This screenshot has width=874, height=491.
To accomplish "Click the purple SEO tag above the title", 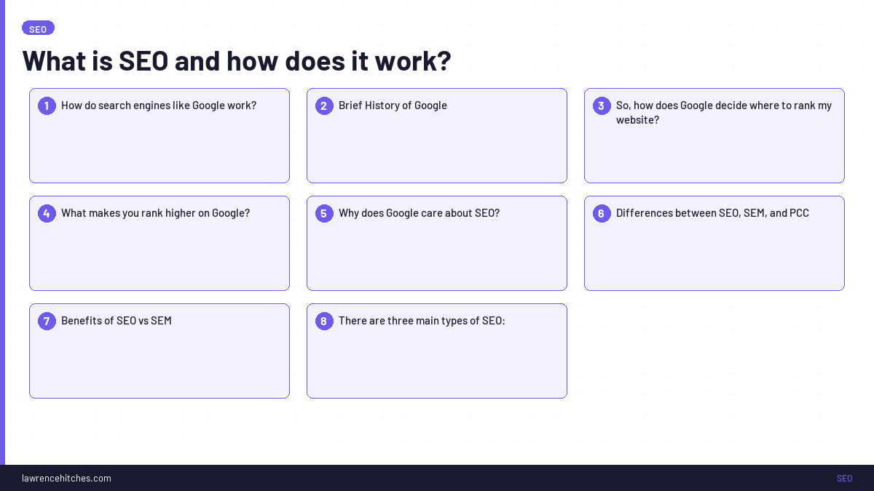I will click(38, 28).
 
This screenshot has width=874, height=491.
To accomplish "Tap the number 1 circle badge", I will click(47, 105).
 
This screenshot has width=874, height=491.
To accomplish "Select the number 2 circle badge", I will click(324, 105).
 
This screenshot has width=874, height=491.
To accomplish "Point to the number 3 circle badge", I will click(602, 105).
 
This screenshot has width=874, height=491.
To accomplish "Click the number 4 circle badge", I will click(47, 213).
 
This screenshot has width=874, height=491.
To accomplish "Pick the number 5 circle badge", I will click(324, 213).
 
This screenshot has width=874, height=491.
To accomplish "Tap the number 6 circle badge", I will click(602, 213).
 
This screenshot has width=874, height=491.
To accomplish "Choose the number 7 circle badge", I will click(47, 321).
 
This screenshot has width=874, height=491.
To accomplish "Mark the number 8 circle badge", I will click(324, 321).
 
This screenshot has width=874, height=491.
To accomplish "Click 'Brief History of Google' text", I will click(393, 105).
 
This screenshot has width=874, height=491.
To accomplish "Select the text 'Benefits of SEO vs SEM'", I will click(117, 321).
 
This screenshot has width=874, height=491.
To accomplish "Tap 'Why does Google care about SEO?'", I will click(419, 213).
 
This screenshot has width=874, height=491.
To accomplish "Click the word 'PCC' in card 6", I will click(799, 213).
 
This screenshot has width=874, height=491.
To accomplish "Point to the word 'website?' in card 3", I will click(637, 120).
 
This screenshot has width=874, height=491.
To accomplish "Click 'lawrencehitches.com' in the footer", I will click(66, 478).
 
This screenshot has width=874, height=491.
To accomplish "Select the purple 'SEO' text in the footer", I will click(844, 478).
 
